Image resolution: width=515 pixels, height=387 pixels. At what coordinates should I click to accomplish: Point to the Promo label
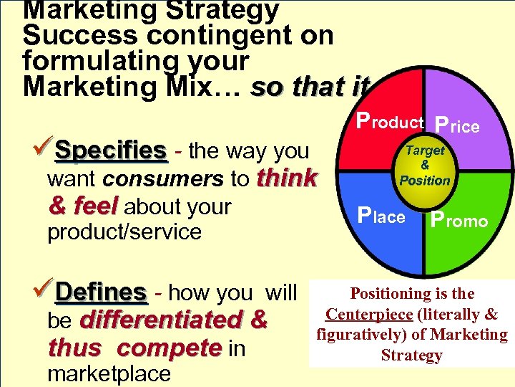458,219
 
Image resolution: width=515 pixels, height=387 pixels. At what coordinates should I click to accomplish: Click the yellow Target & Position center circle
424,166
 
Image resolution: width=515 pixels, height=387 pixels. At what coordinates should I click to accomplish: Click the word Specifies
111,150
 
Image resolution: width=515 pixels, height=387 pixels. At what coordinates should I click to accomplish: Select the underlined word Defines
101,292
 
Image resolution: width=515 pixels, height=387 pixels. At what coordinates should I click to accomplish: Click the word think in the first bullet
287,178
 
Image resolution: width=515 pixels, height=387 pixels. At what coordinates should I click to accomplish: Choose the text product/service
124,232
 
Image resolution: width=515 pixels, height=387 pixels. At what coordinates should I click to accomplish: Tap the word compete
169,348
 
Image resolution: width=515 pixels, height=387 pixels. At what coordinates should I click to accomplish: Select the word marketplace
109,373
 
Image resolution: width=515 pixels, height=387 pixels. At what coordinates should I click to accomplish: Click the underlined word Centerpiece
369,315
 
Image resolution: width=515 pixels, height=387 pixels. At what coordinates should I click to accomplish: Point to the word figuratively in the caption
350,335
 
